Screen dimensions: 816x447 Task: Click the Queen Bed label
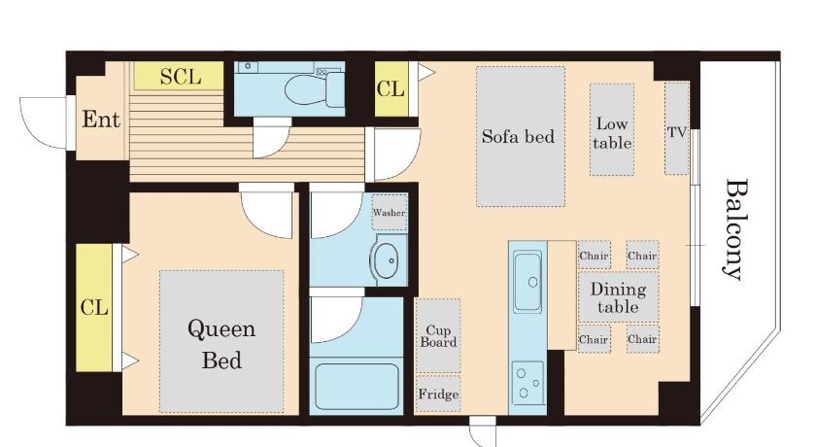tap(221, 344)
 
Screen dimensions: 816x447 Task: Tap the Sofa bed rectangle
tap(521, 136)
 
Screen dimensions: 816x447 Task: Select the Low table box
tap(612, 129)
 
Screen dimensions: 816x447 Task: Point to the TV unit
tap(676, 128)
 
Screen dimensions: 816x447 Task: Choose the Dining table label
tap(618, 297)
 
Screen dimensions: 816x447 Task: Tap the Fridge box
tap(438, 394)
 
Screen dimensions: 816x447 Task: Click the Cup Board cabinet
tap(438, 335)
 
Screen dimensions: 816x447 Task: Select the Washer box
tap(390, 212)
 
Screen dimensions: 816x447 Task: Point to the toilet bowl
tap(307, 89)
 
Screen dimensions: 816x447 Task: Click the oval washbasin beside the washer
tap(385, 259)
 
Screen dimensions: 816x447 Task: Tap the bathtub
tap(357, 387)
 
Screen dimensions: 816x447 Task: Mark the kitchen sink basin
tap(527, 281)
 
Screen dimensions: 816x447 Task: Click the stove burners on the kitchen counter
tap(527, 383)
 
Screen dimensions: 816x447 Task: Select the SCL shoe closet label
tap(180, 77)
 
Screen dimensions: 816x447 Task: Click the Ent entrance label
tap(101, 120)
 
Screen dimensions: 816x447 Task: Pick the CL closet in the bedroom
tap(94, 307)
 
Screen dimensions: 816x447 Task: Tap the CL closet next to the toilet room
tap(391, 89)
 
